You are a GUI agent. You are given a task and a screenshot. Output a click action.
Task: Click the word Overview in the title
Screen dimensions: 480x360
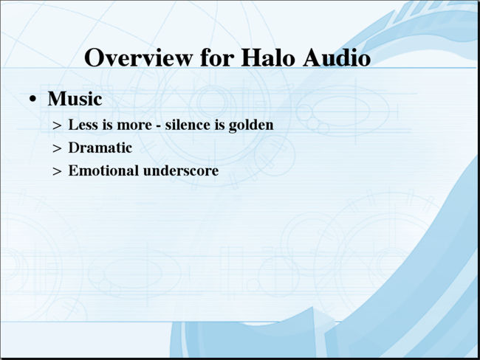[x=138, y=58]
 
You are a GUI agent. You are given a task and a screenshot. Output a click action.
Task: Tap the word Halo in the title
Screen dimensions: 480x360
[x=267, y=58]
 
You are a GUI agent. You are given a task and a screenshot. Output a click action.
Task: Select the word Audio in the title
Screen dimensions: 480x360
[x=337, y=58]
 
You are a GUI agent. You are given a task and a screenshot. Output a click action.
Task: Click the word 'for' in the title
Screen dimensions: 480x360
[x=216, y=58]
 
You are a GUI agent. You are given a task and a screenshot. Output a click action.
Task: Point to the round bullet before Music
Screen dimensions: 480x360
[x=32, y=100]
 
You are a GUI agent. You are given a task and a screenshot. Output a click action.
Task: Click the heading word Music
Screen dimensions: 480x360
[x=75, y=99]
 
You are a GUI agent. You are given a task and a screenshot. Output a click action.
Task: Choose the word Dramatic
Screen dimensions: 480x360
[x=100, y=148]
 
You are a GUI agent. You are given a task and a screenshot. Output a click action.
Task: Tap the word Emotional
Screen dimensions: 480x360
[x=103, y=170]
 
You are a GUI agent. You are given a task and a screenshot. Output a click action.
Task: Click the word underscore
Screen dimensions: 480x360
[x=181, y=170]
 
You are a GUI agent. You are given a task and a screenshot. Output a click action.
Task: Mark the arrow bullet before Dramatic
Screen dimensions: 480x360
[x=58, y=149]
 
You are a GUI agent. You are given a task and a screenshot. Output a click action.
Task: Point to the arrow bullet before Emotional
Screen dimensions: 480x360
[x=58, y=172]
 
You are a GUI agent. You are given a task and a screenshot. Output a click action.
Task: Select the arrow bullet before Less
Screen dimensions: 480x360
[x=58, y=125]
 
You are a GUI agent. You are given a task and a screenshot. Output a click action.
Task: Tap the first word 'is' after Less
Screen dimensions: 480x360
[x=108, y=125]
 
